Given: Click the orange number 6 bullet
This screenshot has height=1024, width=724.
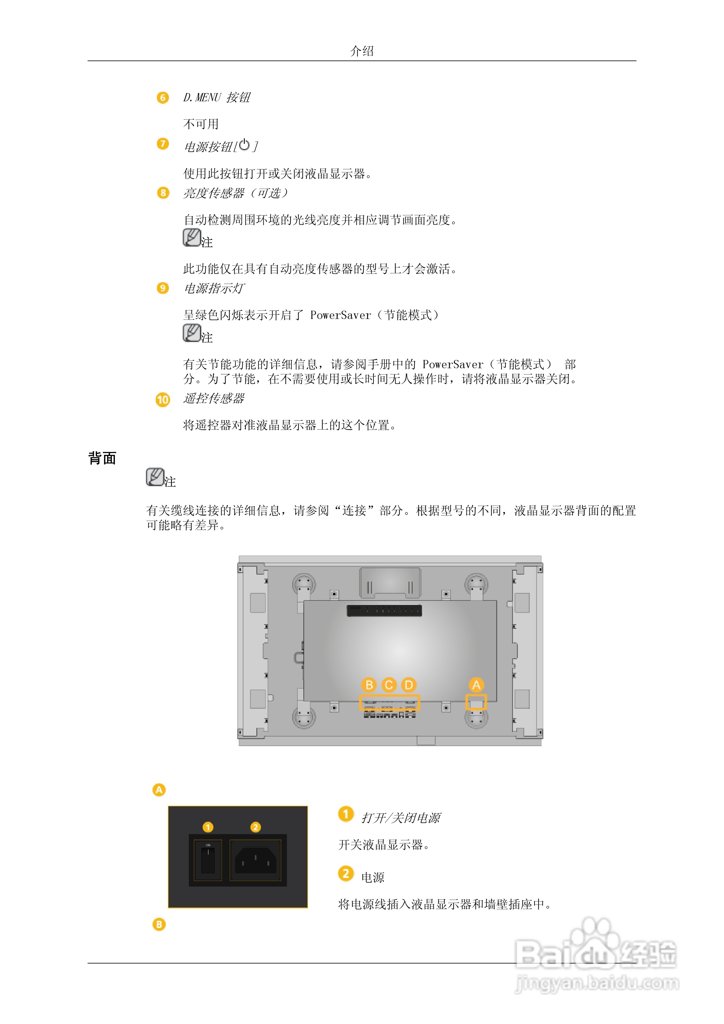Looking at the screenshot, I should (163, 98).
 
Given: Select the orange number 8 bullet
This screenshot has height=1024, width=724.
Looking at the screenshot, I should (163, 193).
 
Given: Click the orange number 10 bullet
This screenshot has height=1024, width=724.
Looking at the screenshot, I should (163, 400).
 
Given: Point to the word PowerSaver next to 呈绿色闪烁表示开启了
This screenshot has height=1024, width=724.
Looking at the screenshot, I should (340, 315).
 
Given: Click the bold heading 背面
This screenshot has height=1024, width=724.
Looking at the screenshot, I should (102, 458).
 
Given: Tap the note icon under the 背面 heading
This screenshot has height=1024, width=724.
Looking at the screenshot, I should (155, 477).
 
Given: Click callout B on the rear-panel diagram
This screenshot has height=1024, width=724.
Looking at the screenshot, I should (369, 685).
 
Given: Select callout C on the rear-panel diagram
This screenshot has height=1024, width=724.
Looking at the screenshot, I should (389, 685).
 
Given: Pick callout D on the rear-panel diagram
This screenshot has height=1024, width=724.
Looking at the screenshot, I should (409, 685).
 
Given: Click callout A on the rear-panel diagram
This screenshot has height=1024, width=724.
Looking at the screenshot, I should (476, 685).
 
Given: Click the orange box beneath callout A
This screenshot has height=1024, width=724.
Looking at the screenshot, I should (476, 702).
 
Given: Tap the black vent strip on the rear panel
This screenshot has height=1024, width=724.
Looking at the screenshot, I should (384, 610).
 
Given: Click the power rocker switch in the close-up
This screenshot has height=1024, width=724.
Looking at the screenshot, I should (208, 860).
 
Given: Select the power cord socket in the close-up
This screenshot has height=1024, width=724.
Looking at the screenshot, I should (255, 860).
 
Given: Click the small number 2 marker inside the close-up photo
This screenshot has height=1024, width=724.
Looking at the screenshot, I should (255, 827).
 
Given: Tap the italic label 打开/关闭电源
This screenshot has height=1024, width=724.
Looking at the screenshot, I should (400, 818).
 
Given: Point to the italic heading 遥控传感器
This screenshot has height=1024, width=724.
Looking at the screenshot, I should (214, 398).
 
